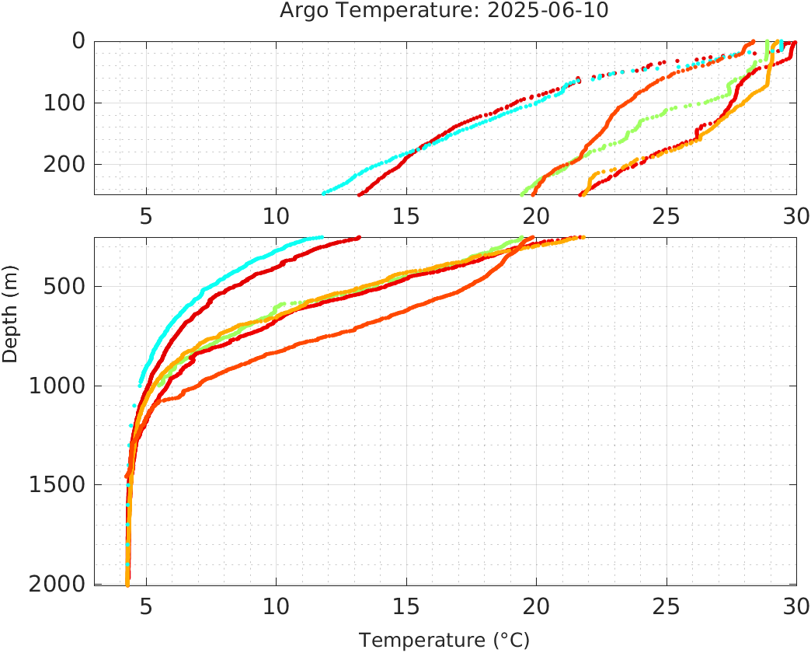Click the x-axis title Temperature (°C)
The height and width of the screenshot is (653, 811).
pos(444,641)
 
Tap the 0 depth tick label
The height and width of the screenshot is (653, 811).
pos(78,41)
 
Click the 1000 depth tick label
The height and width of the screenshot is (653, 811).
pos(56,386)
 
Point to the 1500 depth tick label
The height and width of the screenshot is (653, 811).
pos(56,485)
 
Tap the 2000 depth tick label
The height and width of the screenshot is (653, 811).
pos(56,584)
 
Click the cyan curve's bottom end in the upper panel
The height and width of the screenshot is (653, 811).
pos(324,192)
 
